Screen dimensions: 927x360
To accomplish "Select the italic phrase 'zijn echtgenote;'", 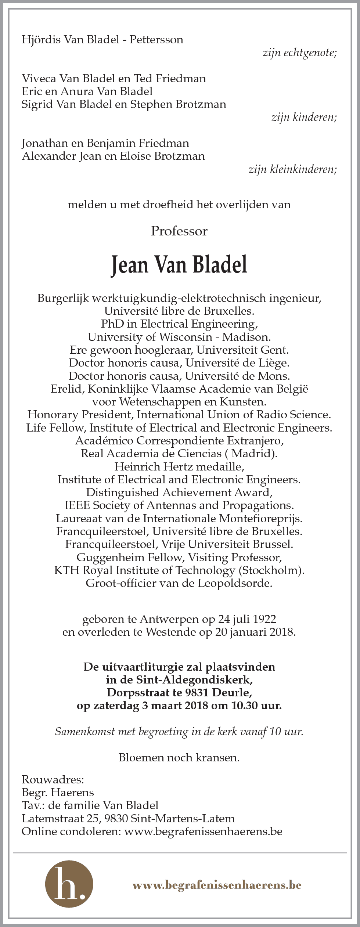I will point(300,53).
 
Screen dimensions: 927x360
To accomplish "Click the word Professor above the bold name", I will point(179,231).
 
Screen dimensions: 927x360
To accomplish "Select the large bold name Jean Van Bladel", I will point(179,265).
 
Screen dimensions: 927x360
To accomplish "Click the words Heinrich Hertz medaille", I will point(179,466).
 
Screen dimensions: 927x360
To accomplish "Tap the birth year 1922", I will point(262,619).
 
